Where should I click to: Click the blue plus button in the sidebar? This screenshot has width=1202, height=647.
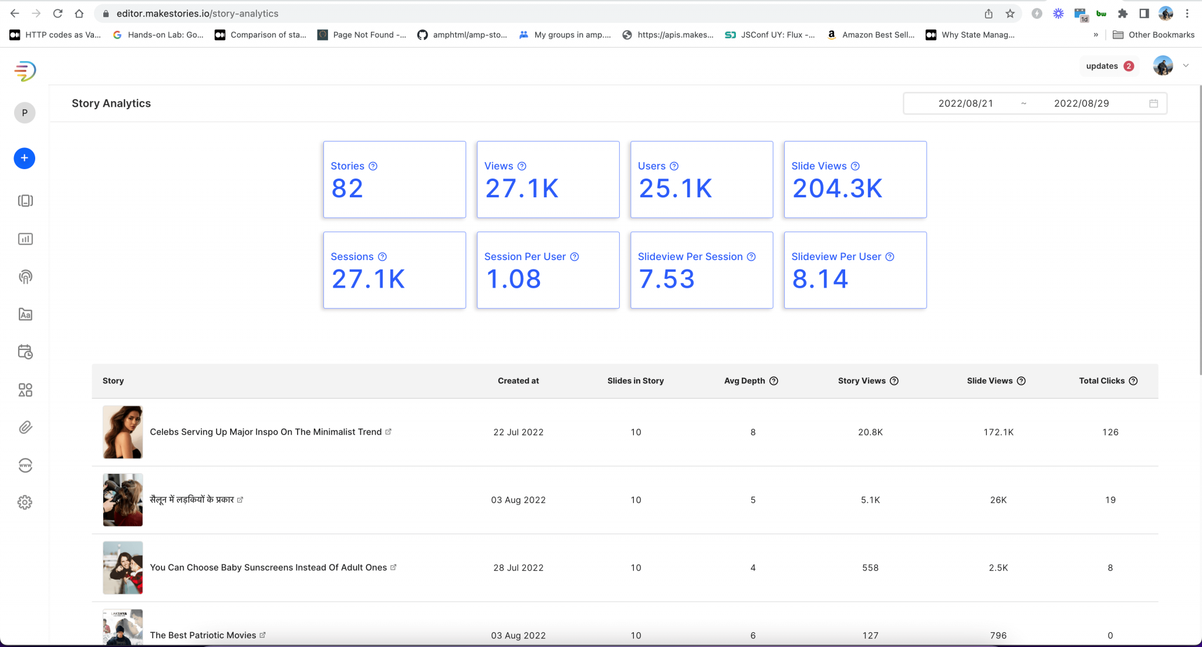pos(24,158)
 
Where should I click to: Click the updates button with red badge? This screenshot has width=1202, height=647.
pos(1109,66)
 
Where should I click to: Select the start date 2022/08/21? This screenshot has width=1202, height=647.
pos(965,103)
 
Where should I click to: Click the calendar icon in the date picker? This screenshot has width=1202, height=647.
pos(1153,103)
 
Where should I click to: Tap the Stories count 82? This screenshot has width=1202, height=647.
pos(347,188)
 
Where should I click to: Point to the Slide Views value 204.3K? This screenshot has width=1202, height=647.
pos(837,188)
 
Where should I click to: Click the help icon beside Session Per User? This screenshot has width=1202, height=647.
pos(575,257)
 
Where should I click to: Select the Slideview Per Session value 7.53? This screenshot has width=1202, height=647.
pos(666,279)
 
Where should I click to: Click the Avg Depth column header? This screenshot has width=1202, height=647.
pos(744,380)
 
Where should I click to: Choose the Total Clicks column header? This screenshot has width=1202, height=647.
pos(1102,380)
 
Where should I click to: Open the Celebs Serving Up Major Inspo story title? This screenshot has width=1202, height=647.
pos(266,432)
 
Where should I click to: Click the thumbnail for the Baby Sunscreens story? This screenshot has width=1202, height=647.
pos(123,568)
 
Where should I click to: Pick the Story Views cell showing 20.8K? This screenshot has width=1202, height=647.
pos(870,432)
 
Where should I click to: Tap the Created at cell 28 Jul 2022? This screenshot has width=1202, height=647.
pos(518,568)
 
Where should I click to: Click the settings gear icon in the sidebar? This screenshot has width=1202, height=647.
pos(25,503)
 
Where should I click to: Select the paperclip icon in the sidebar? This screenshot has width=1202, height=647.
pos(25,427)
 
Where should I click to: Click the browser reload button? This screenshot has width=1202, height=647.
pos(58,14)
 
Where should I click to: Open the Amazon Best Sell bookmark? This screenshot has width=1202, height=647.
pos(871,35)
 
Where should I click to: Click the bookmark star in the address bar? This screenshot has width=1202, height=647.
pos(1010,14)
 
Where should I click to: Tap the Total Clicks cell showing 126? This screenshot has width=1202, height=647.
pos(1110,432)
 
